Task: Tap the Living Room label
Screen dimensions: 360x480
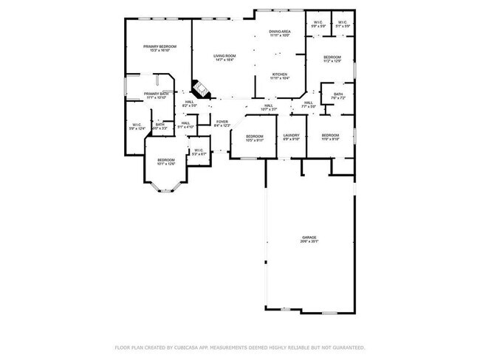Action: point(224,58)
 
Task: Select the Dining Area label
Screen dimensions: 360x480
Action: point(279,33)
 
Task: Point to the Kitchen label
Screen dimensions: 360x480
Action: point(279,76)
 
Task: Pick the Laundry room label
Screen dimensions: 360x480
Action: point(291,137)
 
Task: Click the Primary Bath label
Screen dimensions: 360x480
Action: point(156,95)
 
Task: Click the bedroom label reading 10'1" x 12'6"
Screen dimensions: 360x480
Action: point(165,162)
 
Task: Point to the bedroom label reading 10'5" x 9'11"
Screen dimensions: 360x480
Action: point(255,137)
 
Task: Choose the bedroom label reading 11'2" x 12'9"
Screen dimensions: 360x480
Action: point(332,59)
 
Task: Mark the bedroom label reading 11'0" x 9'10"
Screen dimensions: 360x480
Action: point(330,137)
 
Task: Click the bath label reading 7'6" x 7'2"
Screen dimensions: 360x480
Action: point(338,96)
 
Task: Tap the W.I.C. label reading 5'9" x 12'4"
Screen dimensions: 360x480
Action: point(137,127)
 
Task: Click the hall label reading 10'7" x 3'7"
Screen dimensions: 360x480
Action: point(269,108)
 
